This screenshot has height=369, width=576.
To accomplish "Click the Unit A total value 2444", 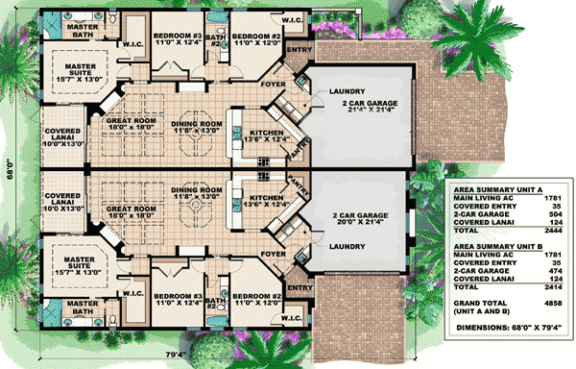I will point(550,232).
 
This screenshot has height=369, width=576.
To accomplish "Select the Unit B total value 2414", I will point(550,286).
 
